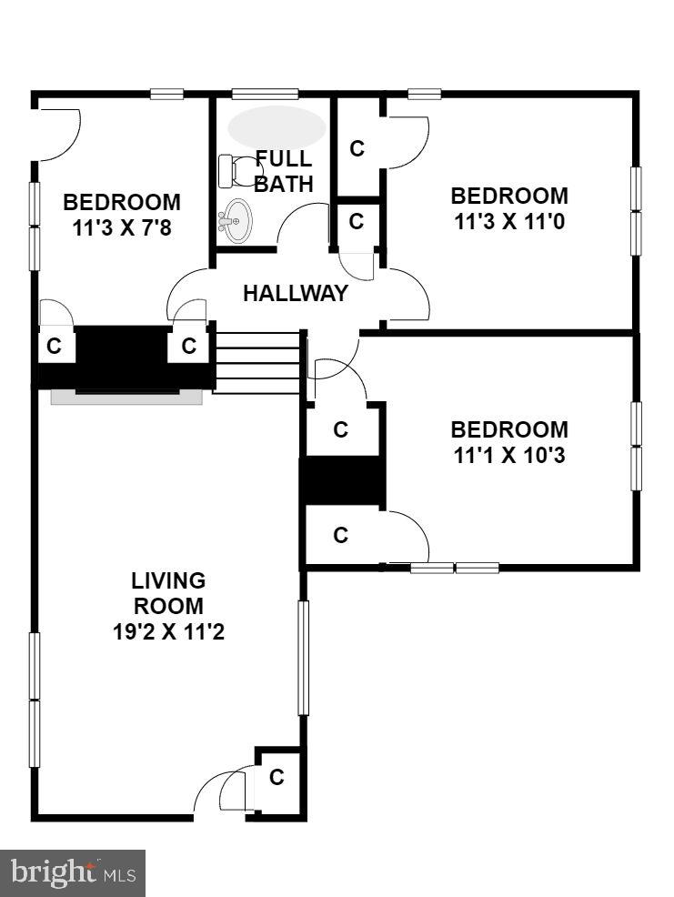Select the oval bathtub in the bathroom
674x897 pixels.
277,127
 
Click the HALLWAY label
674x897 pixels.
295,293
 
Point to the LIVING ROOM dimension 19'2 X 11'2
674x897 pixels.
168,630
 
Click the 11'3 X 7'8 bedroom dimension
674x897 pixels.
122,227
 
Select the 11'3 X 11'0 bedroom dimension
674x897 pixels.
509,220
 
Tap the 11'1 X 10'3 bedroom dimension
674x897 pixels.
509,454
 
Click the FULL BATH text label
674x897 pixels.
283,171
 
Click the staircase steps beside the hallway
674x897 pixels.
257,362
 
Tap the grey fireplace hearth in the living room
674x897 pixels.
126,397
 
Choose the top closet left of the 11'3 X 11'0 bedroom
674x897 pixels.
357,148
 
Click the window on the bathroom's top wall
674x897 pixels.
265,94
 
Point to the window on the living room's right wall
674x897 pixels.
304,657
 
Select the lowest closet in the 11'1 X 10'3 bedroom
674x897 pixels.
341,536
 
